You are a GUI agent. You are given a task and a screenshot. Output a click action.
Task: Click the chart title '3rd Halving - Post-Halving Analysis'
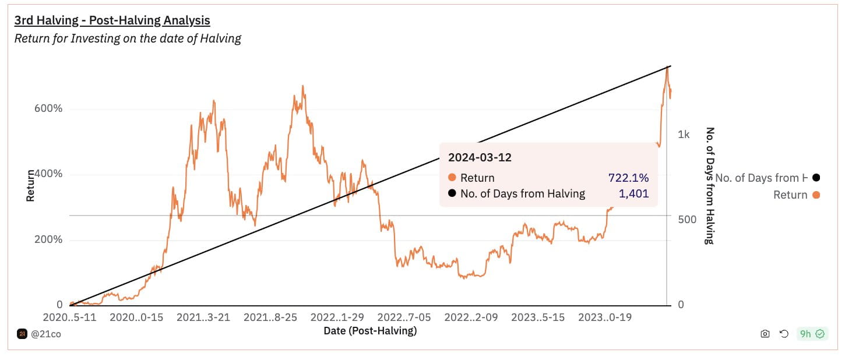[x=112, y=20]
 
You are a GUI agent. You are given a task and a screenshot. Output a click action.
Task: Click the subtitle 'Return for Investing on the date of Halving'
[x=128, y=39]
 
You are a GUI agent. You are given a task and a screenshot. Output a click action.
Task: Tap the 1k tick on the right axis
[x=684, y=135]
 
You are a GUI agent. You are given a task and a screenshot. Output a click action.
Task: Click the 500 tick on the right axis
[x=688, y=220]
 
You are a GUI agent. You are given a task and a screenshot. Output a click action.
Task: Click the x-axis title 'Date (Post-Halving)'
[x=370, y=331]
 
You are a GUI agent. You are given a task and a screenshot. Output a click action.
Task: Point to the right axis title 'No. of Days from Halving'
[x=710, y=185]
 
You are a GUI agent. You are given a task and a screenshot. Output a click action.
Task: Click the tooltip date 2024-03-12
[x=480, y=157]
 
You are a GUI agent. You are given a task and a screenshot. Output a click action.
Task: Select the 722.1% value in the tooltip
[x=628, y=178]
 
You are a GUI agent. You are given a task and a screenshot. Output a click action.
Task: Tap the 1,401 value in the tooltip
[x=633, y=194]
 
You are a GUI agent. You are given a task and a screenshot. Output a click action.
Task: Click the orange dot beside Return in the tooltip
[x=452, y=178]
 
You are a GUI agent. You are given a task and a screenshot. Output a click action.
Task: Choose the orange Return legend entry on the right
[x=796, y=195]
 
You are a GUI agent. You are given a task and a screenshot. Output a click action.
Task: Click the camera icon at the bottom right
[x=765, y=334]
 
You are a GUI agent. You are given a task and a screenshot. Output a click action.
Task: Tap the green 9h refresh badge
[x=812, y=334]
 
